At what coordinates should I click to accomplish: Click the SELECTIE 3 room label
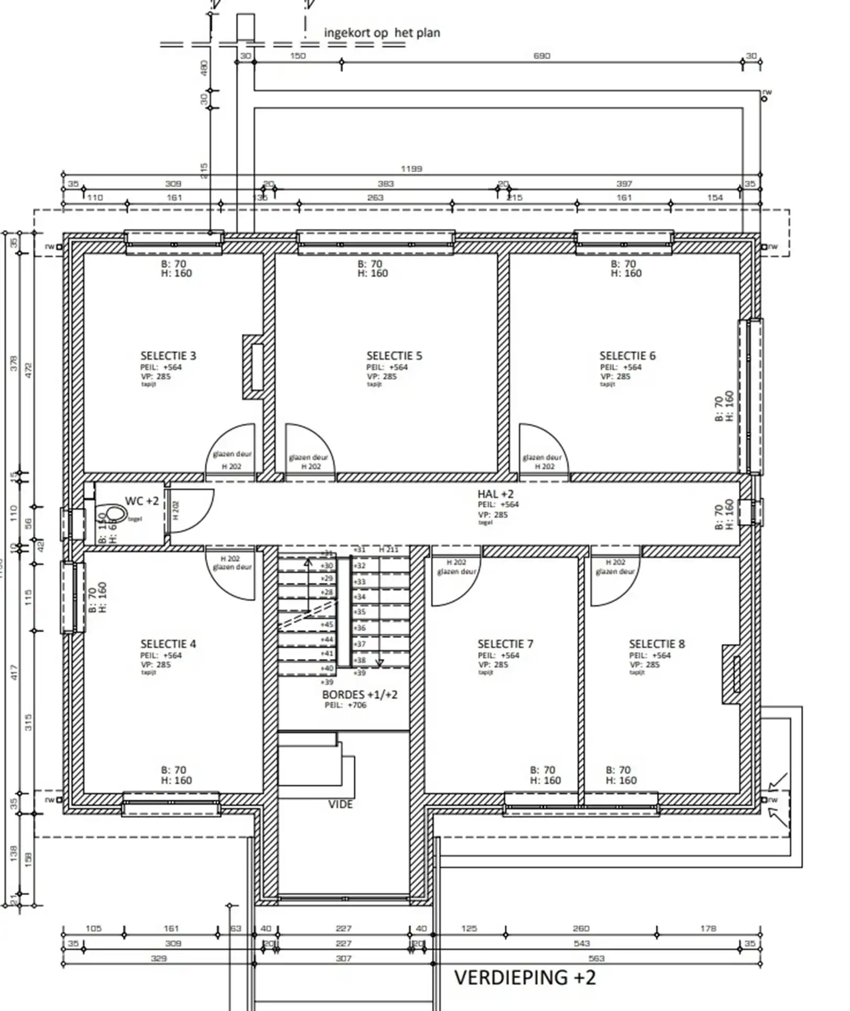[168, 356]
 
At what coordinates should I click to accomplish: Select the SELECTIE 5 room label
[394, 356]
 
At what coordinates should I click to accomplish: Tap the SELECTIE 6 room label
[628, 356]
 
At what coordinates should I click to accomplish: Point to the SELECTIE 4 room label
[168, 644]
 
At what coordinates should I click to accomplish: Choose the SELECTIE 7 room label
[505, 644]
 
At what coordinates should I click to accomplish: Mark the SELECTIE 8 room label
[657, 644]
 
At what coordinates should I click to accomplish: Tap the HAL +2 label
[495, 494]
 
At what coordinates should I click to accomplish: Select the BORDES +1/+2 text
[359, 695]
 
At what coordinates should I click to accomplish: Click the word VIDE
[341, 804]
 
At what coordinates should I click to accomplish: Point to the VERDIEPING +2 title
[525, 978]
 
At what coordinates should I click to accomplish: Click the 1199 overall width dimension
[411, 169]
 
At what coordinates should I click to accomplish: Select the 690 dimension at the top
[541, 56]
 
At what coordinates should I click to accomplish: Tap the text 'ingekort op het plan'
[382, 33]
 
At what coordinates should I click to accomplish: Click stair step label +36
[359, 628]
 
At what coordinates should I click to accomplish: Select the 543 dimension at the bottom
[581, 943]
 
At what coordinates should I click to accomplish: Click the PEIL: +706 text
[345, 705]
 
